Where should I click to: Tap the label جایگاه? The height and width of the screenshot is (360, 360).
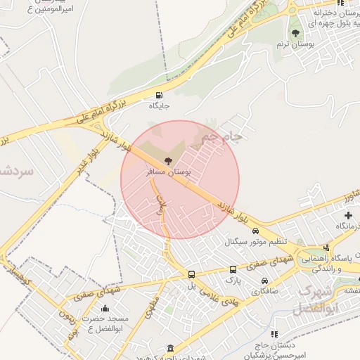pyautogui.click(x=160, y=107)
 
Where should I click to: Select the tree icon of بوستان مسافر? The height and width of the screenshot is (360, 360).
pyautogui.click(x=167, y=161)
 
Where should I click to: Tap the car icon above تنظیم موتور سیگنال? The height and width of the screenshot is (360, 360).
pyautogui.click(x=255, y=231)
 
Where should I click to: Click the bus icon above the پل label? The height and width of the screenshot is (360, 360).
pyautogui.click(x=191, y=274)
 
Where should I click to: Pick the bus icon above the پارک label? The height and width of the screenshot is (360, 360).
pyautogui.click(x=233, y=269)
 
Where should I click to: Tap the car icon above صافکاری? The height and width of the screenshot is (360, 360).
pyautogui.click(x=264, y=281)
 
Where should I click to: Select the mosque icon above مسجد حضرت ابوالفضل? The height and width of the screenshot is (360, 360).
pyautogui.click(x=105, y=307)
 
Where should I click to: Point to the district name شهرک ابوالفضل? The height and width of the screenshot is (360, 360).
pyautogui.click(x=318, y=298)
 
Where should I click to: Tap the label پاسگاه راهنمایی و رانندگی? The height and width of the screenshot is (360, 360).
pyautogui.click(x=326, y=264)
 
